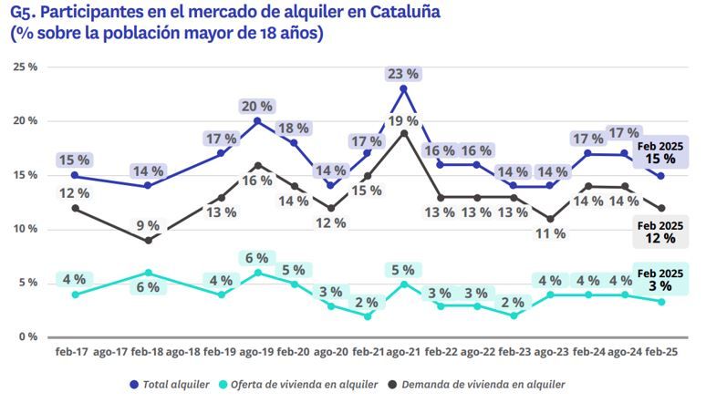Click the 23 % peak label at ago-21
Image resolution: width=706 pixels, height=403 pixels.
pyautogui.click(x=403, y=73)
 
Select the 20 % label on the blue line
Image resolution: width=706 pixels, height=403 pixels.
pyautogui.click(x=257, y=106)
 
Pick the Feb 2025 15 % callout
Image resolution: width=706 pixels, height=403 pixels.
pyautogui.click(x=660, y=152)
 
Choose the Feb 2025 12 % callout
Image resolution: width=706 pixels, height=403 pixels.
pyautogui.click(x=660, y=232)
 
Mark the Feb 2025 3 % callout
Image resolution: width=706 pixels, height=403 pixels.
pyautogui.click(x=660, y=281)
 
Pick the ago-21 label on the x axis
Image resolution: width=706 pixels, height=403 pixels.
pyautogui.click(x=403, y=352)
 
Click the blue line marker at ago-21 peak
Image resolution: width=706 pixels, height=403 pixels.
pyautogui.click(x=403, y=88)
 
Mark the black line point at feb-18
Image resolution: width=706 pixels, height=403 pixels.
pyautogui.click(x=148, y=241)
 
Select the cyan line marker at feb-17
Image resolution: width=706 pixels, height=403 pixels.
pyautogui.click(x=74, y=294)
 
